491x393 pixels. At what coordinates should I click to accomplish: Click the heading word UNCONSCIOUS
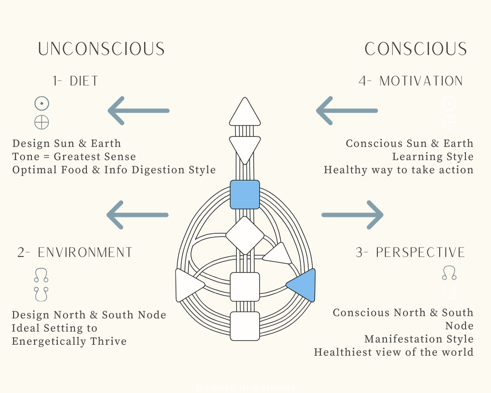101,49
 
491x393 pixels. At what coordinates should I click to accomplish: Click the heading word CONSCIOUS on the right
416,49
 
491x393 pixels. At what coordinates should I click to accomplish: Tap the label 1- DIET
75,81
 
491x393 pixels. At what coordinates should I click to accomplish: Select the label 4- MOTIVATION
411,81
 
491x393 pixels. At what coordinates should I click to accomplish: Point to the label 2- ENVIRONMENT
75,252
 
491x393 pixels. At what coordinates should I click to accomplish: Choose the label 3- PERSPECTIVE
411,252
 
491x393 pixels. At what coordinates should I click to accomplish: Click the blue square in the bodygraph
245,195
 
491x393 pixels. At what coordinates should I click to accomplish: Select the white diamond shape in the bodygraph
245,236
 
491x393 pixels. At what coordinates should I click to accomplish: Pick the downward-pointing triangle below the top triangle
245,148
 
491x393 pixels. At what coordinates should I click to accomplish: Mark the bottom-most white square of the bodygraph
245,326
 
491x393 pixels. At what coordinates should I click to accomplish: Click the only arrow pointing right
352,215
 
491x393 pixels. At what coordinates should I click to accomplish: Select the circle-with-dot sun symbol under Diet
42,104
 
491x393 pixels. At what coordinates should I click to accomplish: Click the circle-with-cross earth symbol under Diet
42,122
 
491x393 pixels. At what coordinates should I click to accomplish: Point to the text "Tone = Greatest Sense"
74,157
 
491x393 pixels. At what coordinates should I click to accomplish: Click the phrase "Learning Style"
433,157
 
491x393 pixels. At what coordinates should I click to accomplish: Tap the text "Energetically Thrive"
69,341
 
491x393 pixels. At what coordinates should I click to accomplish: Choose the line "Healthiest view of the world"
394,353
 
